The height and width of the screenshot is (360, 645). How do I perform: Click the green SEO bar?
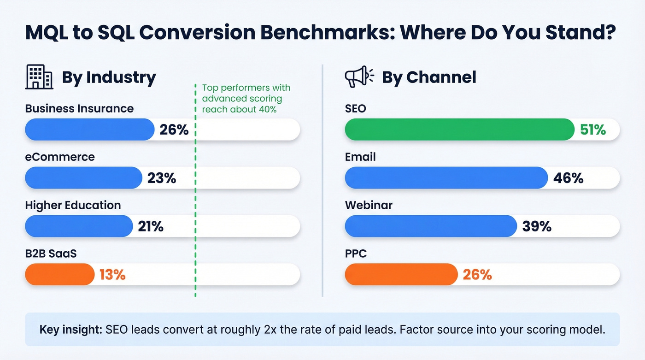(x=459, y=130)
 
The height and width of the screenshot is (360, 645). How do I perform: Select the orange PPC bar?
(x=401, y=275)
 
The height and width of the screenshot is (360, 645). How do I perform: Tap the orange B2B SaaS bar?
(x=59, y=275)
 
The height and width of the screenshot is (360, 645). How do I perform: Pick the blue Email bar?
(x=446, y=178)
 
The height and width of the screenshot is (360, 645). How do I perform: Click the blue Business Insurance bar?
(x=89, y=130)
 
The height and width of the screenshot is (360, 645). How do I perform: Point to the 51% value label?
(x=593, y=130)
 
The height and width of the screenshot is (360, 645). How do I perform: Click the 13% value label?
(x=112, y=275)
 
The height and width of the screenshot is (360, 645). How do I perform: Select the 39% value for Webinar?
(x=537, y=226)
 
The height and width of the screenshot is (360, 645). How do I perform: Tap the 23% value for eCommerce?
(x=162, y=178)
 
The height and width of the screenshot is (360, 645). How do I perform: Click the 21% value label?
(x=151, y=226)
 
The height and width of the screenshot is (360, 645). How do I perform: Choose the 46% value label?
(x=568, y=178)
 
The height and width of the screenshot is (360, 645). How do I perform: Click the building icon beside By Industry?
(x=39, y=77)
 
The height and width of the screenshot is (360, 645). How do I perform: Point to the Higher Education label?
(x=73, y=205)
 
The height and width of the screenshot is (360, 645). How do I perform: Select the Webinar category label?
(x=369, y=205)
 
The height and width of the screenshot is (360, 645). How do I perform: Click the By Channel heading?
(x=429, y=77)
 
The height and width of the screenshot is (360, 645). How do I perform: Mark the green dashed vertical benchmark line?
(x=195, y=207)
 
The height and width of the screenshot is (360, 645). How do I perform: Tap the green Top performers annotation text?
(x=246, y=98)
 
